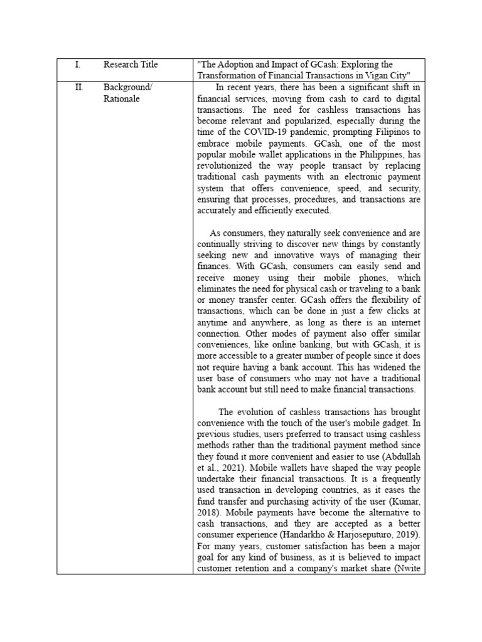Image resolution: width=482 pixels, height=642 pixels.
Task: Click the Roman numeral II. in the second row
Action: (x=78, y=87)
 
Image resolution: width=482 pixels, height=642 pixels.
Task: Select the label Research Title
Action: (x=131, y=65)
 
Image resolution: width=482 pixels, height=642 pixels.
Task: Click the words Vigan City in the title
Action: (x=387, y=75)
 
